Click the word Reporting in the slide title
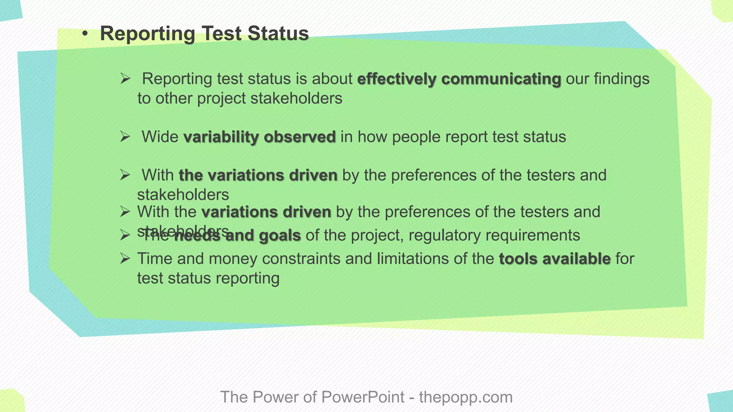tap(147, 34)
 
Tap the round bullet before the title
tap(84, 34)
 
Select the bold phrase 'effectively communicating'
tap(459, 79)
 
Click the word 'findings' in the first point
tap(621, 79)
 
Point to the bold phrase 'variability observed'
tap(259, 137)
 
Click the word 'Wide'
tap(160, 137)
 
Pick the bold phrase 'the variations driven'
tap(258, 175)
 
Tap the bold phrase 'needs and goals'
tap(238, 235)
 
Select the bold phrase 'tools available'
tap(555, 259)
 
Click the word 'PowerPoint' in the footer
tap(363, 397)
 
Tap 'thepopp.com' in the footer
tap(466, 397)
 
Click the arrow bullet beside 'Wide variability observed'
tap(125, 136)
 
